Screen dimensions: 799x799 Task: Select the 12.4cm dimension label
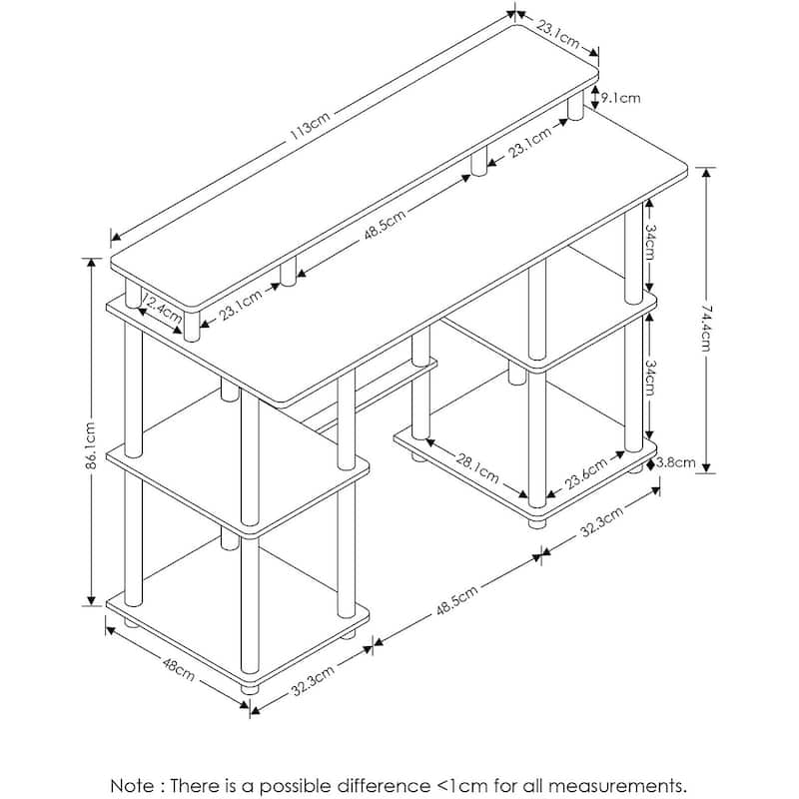tap(162, 309)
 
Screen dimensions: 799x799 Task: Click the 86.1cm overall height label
tap(91, 445)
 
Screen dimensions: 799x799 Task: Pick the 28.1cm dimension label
tap(477, 468)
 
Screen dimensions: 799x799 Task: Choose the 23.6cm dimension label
tap(586, 473)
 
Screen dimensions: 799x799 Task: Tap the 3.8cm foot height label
tap(676, 462)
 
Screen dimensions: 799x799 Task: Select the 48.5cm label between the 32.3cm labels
tap(457, 600)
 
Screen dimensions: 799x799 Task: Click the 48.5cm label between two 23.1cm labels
tap(386, 224)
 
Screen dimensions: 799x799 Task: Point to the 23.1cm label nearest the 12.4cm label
tap(241, 306)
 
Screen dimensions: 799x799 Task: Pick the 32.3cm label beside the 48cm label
tap(313, 681)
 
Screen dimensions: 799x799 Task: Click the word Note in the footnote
tap(131, 785)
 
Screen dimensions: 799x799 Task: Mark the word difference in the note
tap(384, 785)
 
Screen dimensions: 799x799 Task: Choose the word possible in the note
tap(296, 786)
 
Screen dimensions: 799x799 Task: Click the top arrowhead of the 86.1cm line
tap(91, 263)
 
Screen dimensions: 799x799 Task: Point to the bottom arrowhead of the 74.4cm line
tap(706, 467)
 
